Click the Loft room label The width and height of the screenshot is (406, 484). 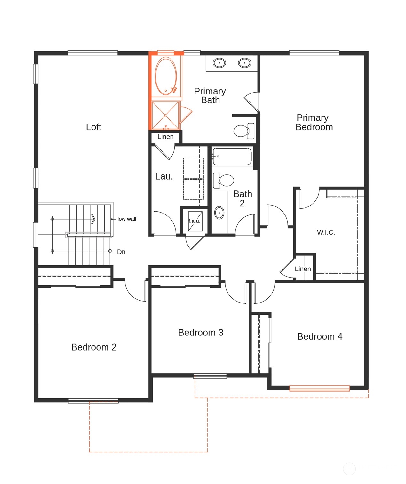tap(93, 127)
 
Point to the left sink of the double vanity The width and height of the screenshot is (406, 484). tap(219, 63)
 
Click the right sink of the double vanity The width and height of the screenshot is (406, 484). tap(244, 63)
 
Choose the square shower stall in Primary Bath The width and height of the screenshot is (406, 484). tap(165, 115)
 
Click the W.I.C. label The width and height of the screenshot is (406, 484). tap(326, 232)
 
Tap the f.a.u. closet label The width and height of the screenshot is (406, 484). tap(194, 221)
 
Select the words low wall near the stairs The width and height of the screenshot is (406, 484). tap(127, 219)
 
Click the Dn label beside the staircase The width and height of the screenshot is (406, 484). tap(121, 252)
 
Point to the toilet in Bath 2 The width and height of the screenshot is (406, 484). tap(226, 181)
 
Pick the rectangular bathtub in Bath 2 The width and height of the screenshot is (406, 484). tap(232, 157)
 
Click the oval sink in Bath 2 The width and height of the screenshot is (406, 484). tap(219, 213)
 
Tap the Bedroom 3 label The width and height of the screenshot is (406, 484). tap(201, 333)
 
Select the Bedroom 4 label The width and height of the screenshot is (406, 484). tap(320, 336)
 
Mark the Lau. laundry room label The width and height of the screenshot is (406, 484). tap(164, 176)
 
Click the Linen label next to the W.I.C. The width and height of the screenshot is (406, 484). tap(303, 269)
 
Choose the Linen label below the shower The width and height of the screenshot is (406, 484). tap(165, 137)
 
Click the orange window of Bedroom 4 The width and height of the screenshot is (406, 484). tap(319, 389)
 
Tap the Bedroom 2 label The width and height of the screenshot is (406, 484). tap(94, 347)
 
